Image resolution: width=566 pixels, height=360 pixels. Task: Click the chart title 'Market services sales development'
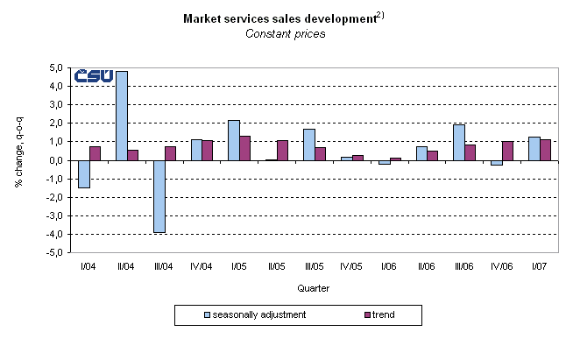(275, 18)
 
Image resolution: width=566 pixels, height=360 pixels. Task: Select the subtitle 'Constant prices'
(285, 33)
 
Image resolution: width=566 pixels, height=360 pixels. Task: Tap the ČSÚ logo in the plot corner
(94, 76)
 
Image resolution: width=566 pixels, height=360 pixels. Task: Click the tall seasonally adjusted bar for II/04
(122, 116)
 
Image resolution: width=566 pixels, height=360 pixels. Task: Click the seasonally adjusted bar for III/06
(459, 142)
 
